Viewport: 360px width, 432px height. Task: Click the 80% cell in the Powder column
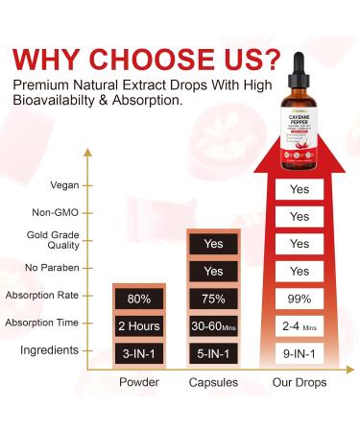coord(141,298)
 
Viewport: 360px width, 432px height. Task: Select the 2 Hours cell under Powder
coord(141,324)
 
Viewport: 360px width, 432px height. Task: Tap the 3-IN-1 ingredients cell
coord(141,351)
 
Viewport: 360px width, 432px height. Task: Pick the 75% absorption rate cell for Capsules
coord(213,298)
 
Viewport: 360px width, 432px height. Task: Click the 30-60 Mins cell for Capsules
coord(213,324)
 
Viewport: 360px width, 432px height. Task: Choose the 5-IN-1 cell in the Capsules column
coord(213,351)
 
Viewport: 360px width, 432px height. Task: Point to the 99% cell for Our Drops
coord(300,298)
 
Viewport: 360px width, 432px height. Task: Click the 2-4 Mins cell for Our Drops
coord(300,324)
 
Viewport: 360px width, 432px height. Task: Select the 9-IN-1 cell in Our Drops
coord(300,351)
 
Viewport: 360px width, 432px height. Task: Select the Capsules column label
coord(213,380)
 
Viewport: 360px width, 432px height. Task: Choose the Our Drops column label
coord(300,380)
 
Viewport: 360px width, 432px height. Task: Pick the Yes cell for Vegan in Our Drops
coord(300,189)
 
